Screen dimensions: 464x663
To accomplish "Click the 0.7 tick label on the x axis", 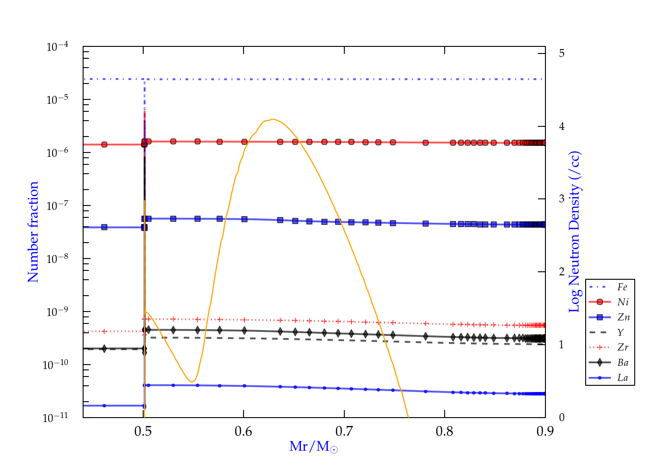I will click(344, 431).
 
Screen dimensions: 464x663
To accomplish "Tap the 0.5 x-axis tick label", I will click(143, 431).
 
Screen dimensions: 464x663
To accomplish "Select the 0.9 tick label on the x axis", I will click(545, 431).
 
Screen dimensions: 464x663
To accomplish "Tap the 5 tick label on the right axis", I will click(562, 53).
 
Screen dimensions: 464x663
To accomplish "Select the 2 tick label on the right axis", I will click(562, 272).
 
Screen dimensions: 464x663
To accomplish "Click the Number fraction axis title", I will click(34, 232).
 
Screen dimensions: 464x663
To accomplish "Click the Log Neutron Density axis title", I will click(575, 232).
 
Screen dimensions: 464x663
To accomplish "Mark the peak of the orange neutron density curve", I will click(273, 119).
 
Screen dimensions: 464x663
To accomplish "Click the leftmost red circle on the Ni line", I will click(104, 145).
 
